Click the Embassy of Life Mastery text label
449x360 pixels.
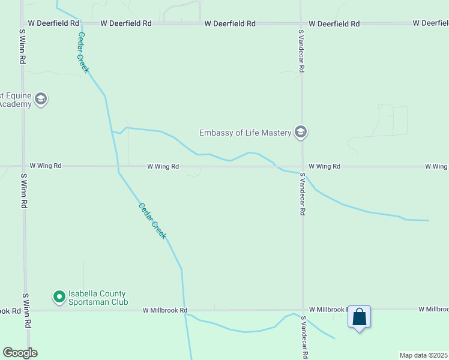(245, 132)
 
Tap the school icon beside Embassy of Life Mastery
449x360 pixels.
(301, 132)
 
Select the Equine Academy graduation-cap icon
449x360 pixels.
(41, 99)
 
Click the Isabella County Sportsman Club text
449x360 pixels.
(98, 298)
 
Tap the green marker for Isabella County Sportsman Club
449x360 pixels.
(59, 296)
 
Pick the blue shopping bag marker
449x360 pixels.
(360, 317)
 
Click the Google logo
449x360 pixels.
(20, 353)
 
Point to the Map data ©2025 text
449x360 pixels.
(423, 355)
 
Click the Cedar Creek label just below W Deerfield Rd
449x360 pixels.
(83, 52)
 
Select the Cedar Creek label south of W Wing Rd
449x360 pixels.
(152, 221)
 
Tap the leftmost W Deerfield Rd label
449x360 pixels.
(54, 23)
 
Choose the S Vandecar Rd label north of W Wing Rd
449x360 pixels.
(302, 51)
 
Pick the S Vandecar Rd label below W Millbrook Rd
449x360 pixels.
(304, 338)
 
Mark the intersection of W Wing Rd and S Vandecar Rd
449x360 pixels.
(302, 167)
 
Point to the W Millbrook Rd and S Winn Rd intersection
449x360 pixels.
(25, 310)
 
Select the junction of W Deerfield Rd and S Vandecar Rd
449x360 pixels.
(301, 24)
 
